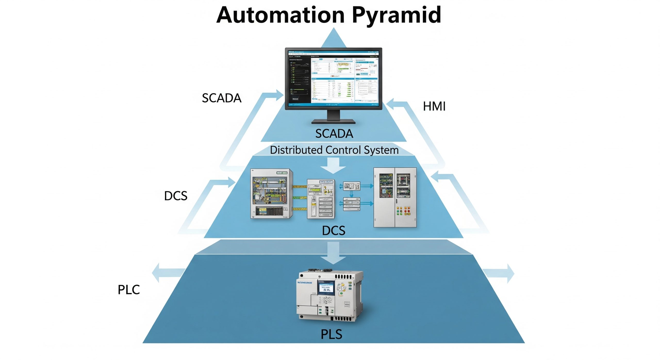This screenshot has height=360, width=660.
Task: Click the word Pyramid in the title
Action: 396,15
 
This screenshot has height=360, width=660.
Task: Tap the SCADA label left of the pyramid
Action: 221,98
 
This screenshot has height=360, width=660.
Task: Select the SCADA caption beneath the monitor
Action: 334,134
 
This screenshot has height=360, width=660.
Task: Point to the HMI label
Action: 434,106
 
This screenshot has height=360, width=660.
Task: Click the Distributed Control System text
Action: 334,150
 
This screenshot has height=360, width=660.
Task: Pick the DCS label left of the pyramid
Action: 176,196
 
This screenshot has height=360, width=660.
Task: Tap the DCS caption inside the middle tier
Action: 334,231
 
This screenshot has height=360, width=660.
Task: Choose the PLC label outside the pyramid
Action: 129,290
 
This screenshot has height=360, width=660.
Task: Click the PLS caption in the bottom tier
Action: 331,334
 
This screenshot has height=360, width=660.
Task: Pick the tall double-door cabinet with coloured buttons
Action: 395,197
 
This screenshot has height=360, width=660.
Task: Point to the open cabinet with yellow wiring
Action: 271,193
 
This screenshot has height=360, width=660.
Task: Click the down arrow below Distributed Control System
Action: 333,166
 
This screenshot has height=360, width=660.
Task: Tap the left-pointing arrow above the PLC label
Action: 168,273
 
